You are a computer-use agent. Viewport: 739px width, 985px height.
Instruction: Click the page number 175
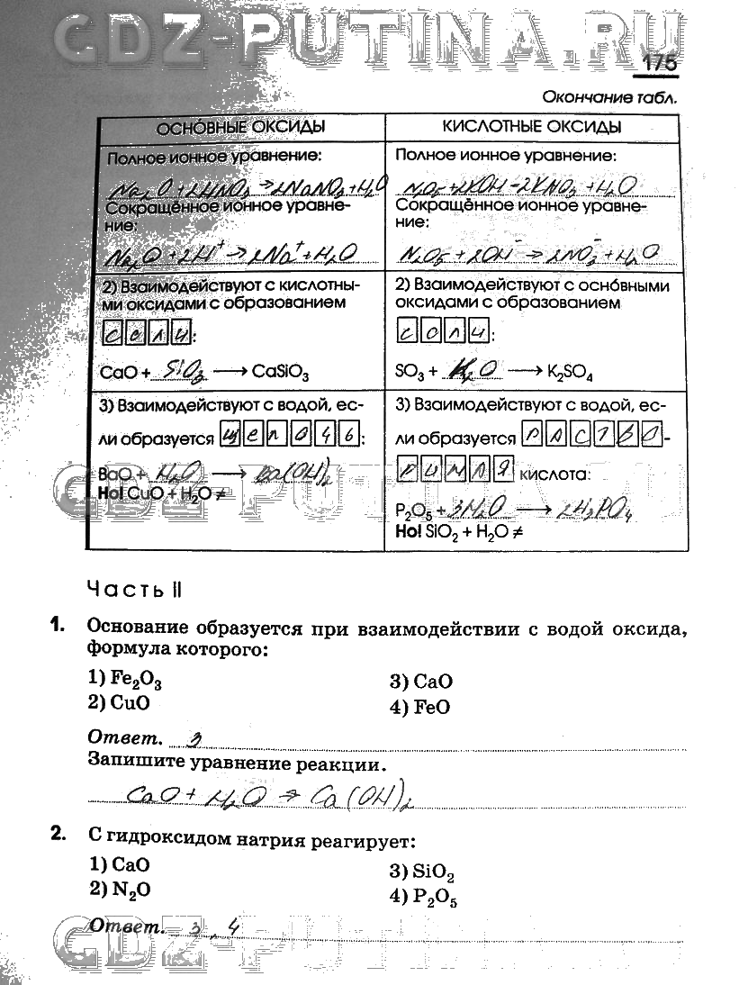pyautogui.click(x=660, y=64)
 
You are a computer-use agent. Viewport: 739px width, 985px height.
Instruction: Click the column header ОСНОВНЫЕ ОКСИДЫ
pyautogui.click(x=240, y=127)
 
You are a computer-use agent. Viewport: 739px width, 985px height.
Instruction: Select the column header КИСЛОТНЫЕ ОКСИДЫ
pyautogui.click(x=532, y=127)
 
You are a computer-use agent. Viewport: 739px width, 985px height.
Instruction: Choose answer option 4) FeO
pyautogui.click(x=419, y=707)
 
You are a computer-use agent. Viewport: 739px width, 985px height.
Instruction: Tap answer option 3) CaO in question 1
pyautogui.click(x=420, y=682)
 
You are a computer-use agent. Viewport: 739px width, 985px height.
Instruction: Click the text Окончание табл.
pyautogui.click(x=609, y=96)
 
